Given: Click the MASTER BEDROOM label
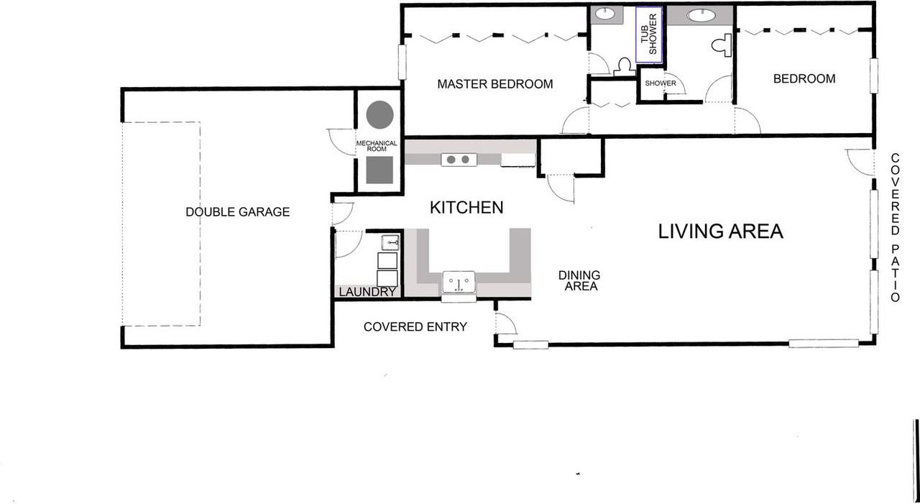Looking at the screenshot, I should (x=495, y=84).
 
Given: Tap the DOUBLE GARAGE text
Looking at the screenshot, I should (x=237, y=212).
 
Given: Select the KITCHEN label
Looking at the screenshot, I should (x=466, y=208).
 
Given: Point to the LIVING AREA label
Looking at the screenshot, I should (x=720, y=232).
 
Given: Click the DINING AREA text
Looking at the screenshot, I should (x=579, y=280).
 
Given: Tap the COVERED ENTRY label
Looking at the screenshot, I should (x=415, y=327).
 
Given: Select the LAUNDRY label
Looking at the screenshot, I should (x=367, y=292).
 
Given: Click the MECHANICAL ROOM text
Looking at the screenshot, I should (x=377, y=146).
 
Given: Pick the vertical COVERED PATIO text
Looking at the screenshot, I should (x=896, y=227).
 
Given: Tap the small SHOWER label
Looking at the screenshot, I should (x=660, y=83).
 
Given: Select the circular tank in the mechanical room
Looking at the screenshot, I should (x=379, y=114).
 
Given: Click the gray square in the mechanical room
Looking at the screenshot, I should (x=379, y=170).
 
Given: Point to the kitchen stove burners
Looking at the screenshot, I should (x=458, y=160).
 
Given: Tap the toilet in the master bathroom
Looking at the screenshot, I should (x=622, y=65).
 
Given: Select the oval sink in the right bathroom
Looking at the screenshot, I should (x=700, y=15).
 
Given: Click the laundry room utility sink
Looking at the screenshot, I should (x=390, y=242).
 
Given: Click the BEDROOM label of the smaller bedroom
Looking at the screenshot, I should (x=804, y=79).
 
